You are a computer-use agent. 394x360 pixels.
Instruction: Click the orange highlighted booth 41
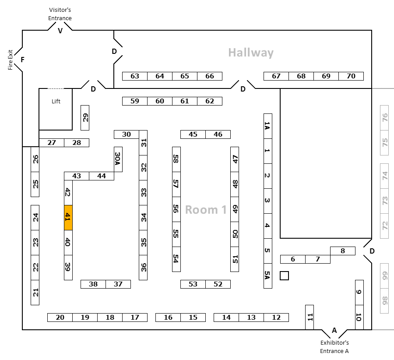pyautogui.click(x=68, y=218)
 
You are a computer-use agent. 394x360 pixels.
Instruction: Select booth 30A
pyautogui.click(x=118, y=159)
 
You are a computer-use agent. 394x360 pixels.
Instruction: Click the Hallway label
pyautogui.click(x=251, y=53)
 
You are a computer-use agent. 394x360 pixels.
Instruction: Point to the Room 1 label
pyautogui.click(x=206, y=210)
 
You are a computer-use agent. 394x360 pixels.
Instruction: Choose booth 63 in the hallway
pyautogui.click(x=135, y=76)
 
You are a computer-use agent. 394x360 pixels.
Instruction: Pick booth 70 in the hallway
pyautogui.click(x=351, y=76)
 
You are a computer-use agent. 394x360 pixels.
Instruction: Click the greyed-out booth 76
pyautogui.click(x=385, y=118)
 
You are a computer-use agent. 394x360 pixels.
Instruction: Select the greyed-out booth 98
pyautogui.click(x=385, y=300)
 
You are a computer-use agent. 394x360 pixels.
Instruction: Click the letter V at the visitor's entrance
pyautogui.click(x=60, y=31)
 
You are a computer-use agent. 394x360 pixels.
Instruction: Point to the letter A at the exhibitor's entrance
pyautogui.click(x=334, y=330)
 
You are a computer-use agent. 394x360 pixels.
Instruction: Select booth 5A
pyautogui.click(x=268, y=275)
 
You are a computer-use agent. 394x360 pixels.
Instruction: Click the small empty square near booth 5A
pyautogui.click(x=285, y=275)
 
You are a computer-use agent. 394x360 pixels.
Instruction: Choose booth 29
pyautogui.click(x=85, y=117)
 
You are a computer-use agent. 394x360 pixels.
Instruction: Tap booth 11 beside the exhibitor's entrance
pyautogui.click(x=310, y=317)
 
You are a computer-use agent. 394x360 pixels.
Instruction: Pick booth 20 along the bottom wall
pyautogui.click(x=60, y=318)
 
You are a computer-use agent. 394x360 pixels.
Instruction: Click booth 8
pyautogui.click(x=343, y=251)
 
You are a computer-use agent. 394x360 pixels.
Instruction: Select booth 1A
pyautogui.click(x=268, y=126)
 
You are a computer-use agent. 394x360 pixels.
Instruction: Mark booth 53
pyautogui.click(x=193, y=284)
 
